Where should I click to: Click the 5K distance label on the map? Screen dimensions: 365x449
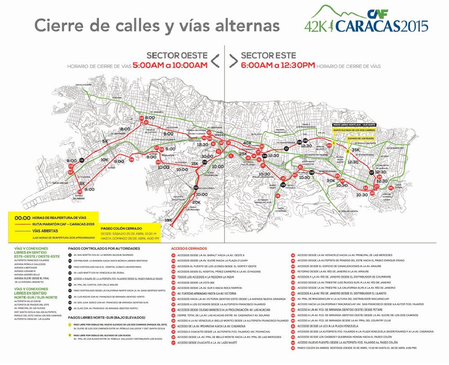tap(106, 142)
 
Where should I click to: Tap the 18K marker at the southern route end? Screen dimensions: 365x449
tap(168, 220)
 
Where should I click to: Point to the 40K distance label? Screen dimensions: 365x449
tap(247, 143)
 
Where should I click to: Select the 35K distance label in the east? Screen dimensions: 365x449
tap(355, 150)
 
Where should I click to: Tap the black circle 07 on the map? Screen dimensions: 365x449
tap(372, 172)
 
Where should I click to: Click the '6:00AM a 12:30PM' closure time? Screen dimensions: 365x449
tap(278, 65)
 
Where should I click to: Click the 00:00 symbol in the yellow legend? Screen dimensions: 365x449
tap(22, 216)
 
